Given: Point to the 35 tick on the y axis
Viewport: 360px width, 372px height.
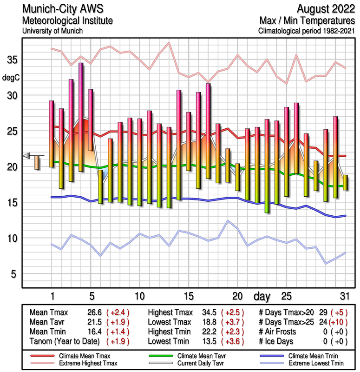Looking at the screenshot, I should [x=13, y=60].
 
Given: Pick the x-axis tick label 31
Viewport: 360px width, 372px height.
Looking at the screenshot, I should [x=344, y=296].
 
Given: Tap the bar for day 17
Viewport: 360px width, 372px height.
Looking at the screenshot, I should [x=208, y=131].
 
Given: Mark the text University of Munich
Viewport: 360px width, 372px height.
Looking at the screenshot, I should [x=52, y=31].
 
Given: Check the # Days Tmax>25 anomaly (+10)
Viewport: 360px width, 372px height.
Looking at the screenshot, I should [x=334, y=322].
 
